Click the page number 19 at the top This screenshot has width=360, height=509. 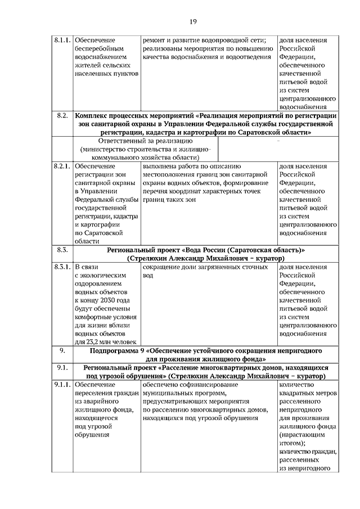193,21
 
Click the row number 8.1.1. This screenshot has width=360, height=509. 62,41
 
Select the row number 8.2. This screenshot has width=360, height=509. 62,115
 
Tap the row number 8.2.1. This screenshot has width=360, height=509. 62,167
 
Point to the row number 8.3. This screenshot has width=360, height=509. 62,249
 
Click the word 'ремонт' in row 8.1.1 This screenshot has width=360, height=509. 155,41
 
